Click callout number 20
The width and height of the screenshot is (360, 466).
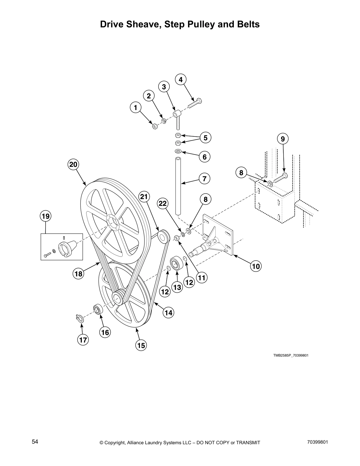click(73, 164)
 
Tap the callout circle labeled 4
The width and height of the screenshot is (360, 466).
click(181, 79)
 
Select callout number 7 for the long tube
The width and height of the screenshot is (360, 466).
click(204, 178)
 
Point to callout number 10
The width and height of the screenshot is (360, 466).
click(256, 266)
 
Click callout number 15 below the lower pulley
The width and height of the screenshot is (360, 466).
click(141, 345)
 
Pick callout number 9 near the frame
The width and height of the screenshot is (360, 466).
click(283, 139)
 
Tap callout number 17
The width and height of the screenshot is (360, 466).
click(83, 340)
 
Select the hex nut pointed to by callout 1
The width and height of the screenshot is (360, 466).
click(154, 127)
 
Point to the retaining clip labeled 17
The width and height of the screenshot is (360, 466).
click(79, 317)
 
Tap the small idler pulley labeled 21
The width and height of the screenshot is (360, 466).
click(163, 237)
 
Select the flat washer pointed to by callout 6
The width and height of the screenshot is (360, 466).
click(178, 151)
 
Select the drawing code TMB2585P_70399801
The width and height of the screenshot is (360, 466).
click(291, 355)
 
